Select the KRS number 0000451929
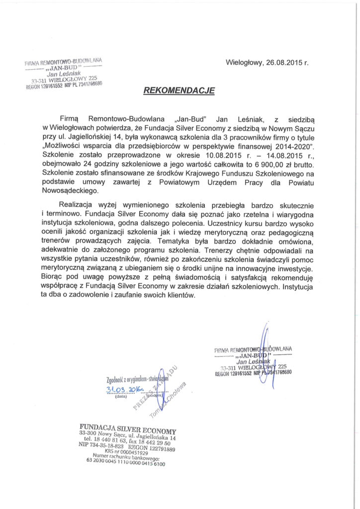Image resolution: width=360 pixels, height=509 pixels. (130, 452)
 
